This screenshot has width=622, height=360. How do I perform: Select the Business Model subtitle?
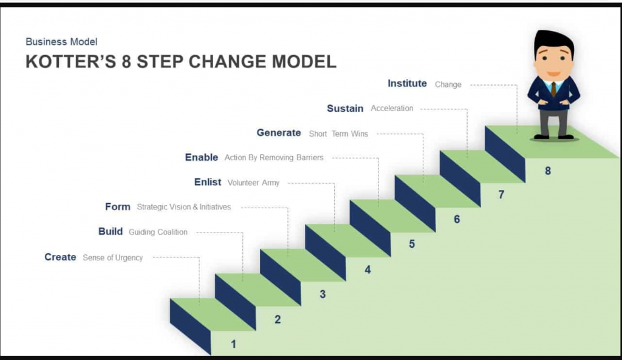pos(61,42)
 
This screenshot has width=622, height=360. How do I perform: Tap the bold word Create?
pos(60,257)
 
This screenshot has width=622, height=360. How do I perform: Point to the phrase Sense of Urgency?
pos(112,258)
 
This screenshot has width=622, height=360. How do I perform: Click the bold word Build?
pos(111,231)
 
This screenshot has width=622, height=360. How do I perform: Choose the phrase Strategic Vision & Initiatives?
pos(183,207)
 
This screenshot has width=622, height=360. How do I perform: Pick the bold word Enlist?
pos(208,182)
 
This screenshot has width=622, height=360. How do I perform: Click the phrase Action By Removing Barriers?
pos(274,157)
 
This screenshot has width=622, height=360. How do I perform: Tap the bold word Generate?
pos(279,133)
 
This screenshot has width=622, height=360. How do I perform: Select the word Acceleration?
pos(392,108)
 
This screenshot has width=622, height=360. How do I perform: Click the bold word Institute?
pos(408,83)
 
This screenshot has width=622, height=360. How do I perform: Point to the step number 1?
pos(234,344)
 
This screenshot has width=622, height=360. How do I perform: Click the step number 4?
pos(367,270)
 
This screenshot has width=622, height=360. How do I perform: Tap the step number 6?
pos(457,219)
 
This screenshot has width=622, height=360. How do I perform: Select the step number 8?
pos(548,171)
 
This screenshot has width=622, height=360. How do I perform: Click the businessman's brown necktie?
pos(553,89)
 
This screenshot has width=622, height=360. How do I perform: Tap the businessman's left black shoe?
pos(541,137)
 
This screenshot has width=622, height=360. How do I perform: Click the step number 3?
pos(323,294)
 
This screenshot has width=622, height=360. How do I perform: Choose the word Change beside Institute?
pos(448,84)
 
